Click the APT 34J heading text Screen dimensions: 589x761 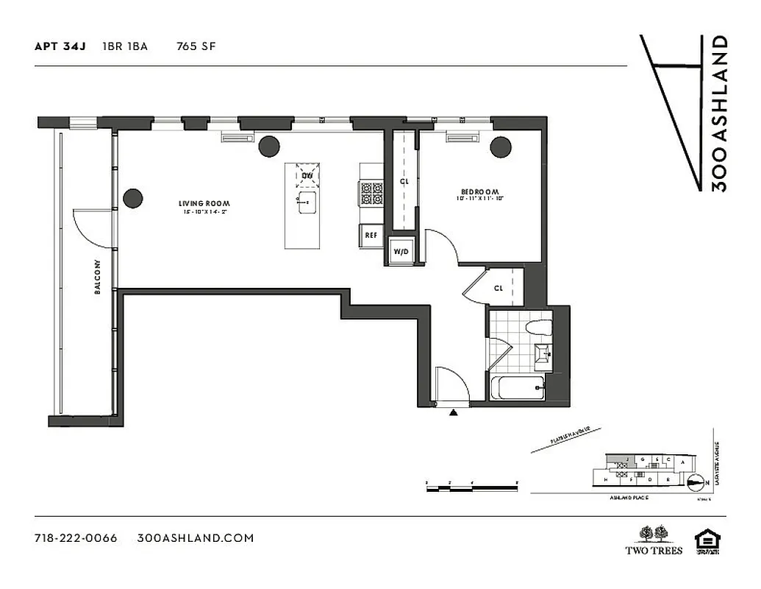[60, 46]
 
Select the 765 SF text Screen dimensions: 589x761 [196, 46]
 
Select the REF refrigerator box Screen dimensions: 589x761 [371, 236]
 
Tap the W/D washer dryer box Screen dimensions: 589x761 [402, 252]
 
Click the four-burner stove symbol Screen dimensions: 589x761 [371, 194]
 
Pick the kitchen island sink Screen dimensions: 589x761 [306, 202]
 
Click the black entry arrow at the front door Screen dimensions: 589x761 [454, 413]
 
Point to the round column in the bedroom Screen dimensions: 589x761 [501, 147]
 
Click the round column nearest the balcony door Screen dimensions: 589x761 [133, 198]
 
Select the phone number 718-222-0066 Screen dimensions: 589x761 [76, 537]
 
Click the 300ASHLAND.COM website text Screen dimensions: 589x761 [196, 537]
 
